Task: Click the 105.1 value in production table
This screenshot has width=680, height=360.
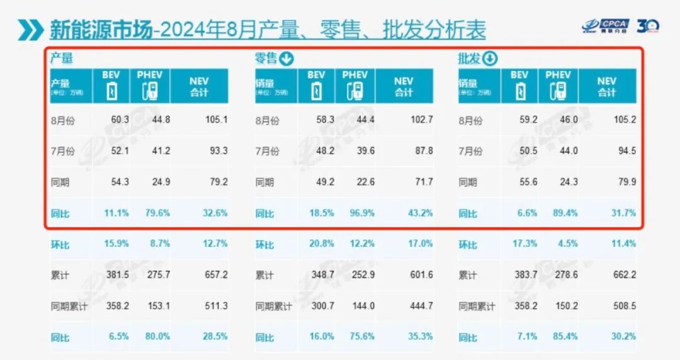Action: pos(216,120)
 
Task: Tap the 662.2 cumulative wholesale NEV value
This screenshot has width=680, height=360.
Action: pos(623,275)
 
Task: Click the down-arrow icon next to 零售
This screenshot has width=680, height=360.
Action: pos(286,59)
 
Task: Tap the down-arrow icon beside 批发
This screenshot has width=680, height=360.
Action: pos(490,59)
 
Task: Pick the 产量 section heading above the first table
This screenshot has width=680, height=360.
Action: pos(62,59)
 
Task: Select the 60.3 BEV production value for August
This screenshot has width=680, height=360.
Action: pos(120,120)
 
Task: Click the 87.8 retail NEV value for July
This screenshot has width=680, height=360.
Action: pos(421,151)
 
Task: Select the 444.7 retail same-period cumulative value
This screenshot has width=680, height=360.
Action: pos(420,307)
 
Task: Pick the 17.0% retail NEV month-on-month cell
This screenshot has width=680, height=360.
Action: pos(420,244)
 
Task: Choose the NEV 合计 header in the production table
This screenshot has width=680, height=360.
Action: pos(199,86)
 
